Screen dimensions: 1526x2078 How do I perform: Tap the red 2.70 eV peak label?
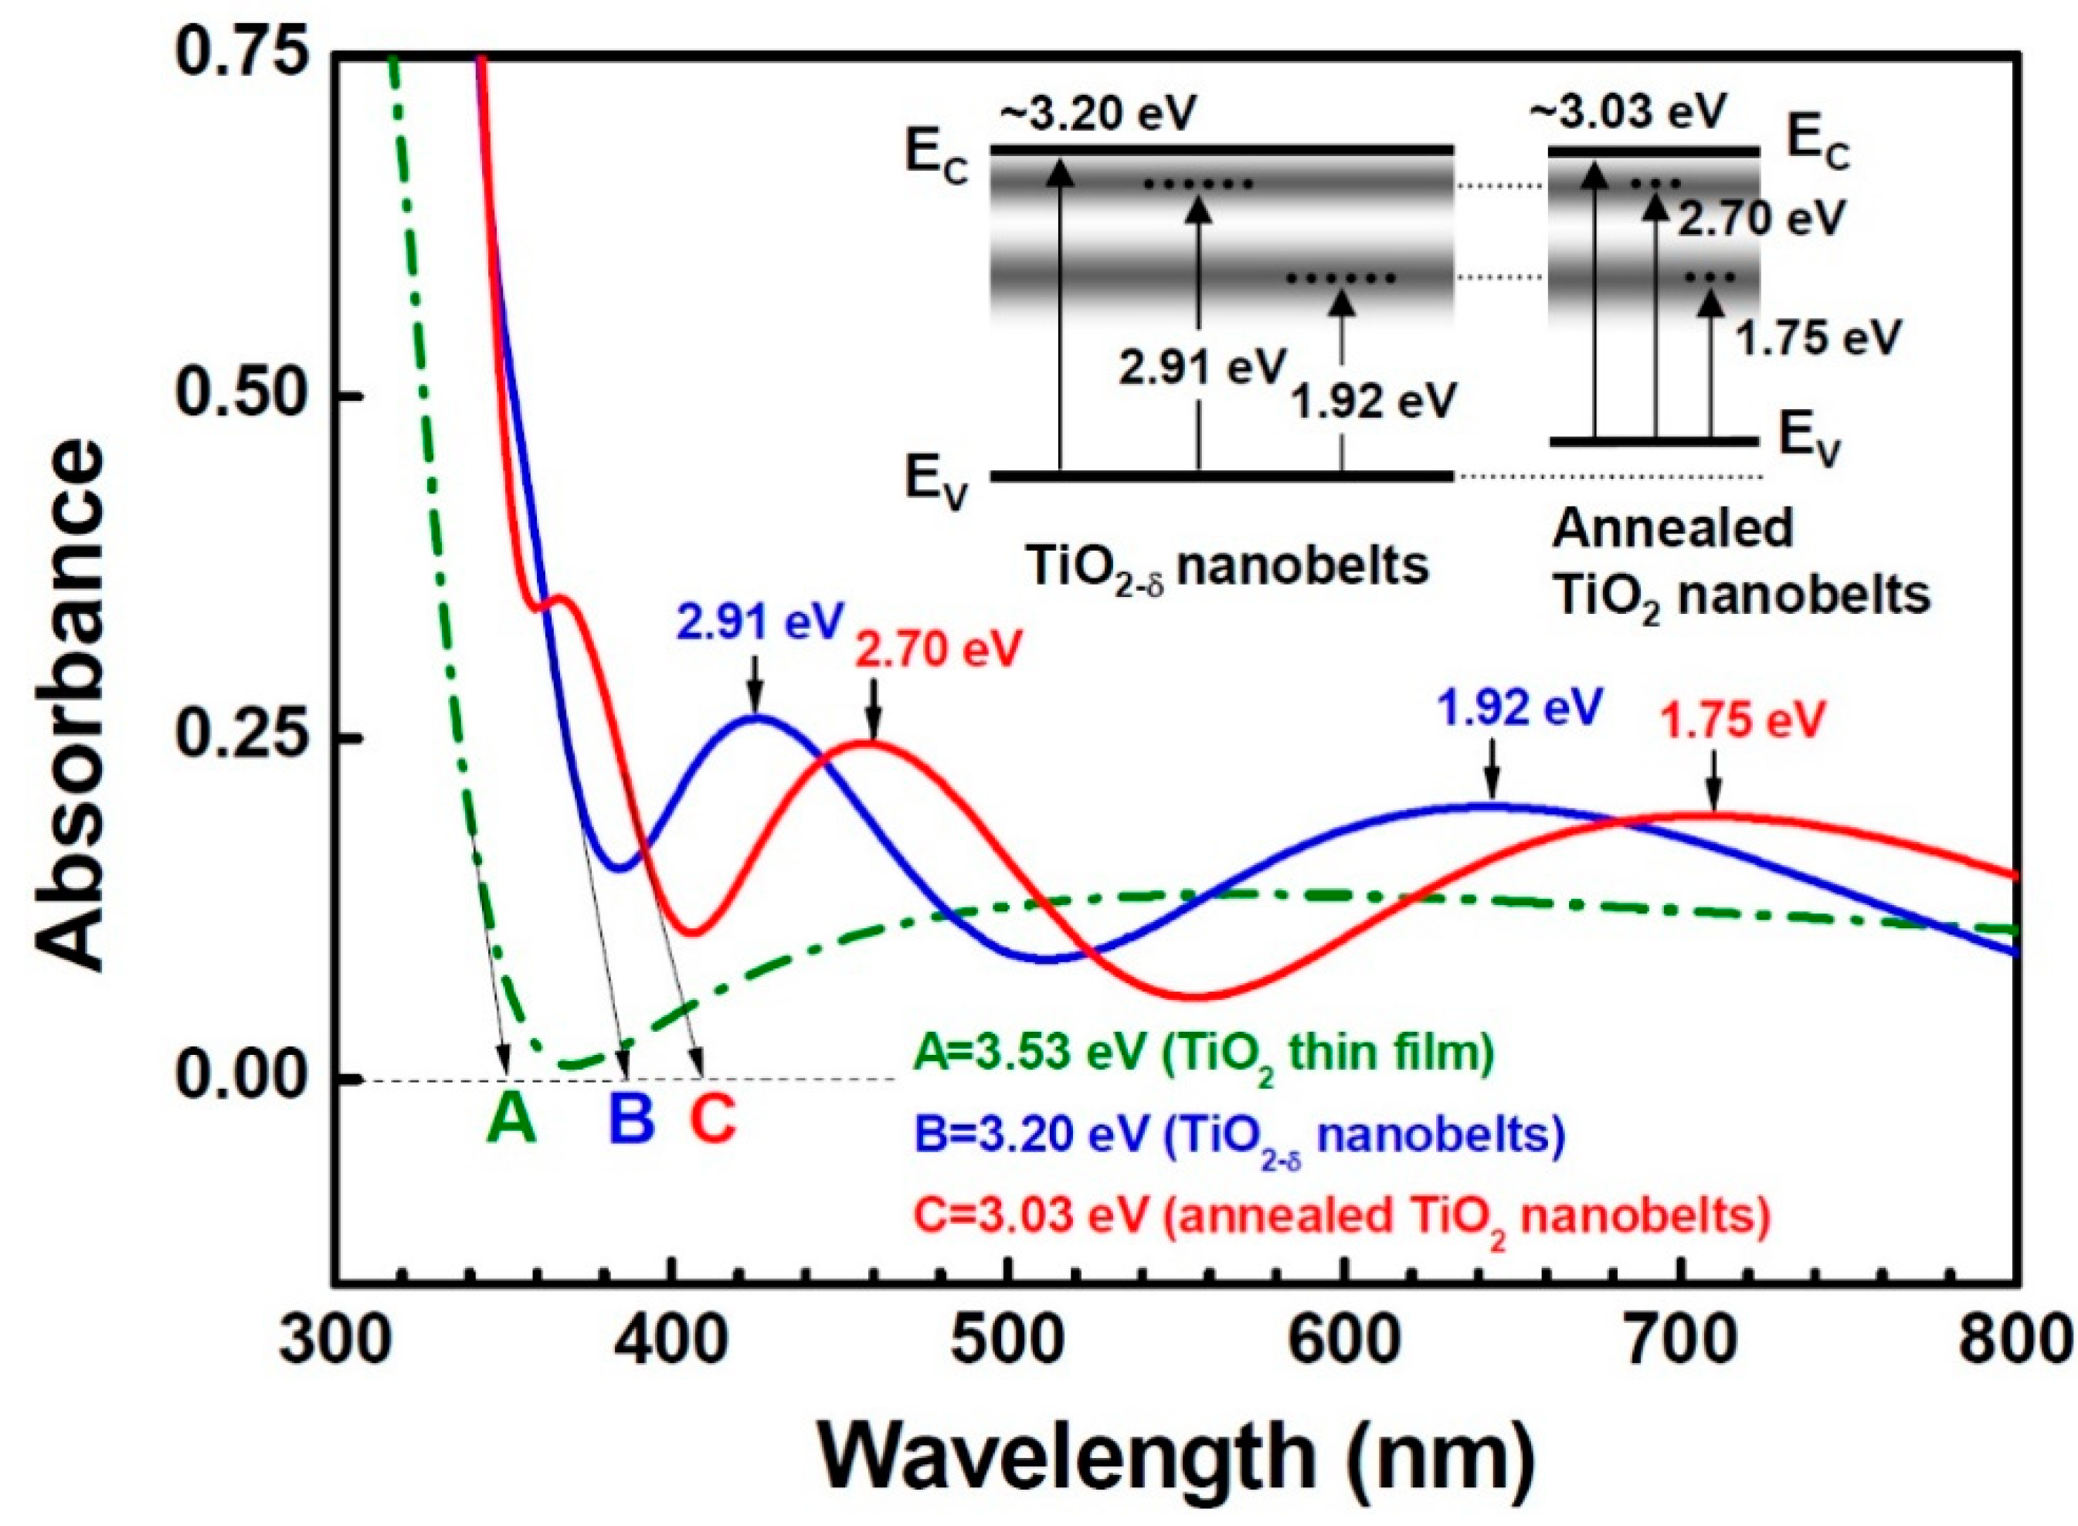click(939, 650)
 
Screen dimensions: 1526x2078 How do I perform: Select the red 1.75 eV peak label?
click(1743, 721)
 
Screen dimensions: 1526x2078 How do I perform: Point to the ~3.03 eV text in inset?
click(1628, 111)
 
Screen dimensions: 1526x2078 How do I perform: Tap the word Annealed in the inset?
click(1672, 528)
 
